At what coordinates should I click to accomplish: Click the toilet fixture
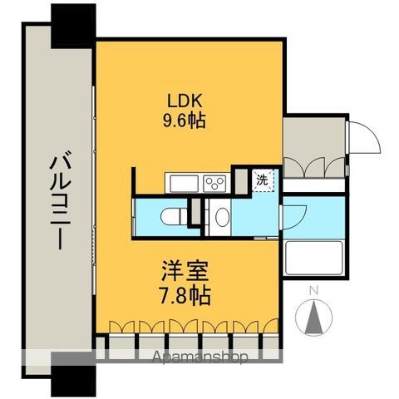click(x=168, y=215)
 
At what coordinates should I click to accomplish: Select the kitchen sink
click(x=181, y=182)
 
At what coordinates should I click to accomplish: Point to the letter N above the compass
click(x=313, y=291)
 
